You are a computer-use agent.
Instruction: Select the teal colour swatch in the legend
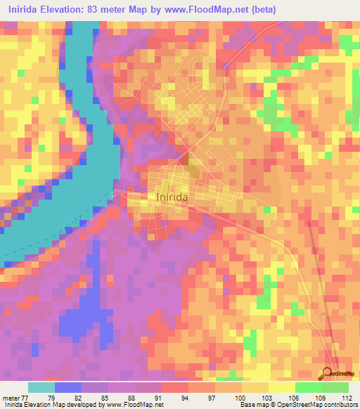pos(41,387)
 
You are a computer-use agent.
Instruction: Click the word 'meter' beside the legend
pos(11,398)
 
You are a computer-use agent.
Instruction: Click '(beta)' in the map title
pos(261,10)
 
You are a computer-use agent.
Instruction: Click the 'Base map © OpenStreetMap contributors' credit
pos(297,405)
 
